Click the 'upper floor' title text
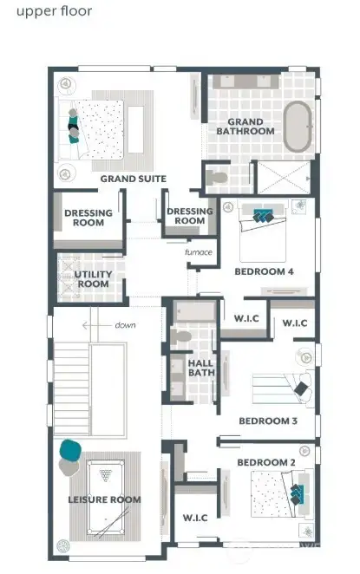(x=54, y=12)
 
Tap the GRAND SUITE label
(x=133, y=179)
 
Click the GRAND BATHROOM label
(x=251, y=127)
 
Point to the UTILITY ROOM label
(x=93, y=279)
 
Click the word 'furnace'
(x=198, y=252)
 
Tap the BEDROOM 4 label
(x=264, y=271)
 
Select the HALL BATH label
(x=201, y=368)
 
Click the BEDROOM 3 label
(x=268, y=421)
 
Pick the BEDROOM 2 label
(x=266, y=463)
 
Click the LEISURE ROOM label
(x=104, y=500)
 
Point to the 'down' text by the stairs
(x=126, y=325)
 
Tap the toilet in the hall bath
(x=180, y=335)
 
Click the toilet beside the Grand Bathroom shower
(x=219, y=178)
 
